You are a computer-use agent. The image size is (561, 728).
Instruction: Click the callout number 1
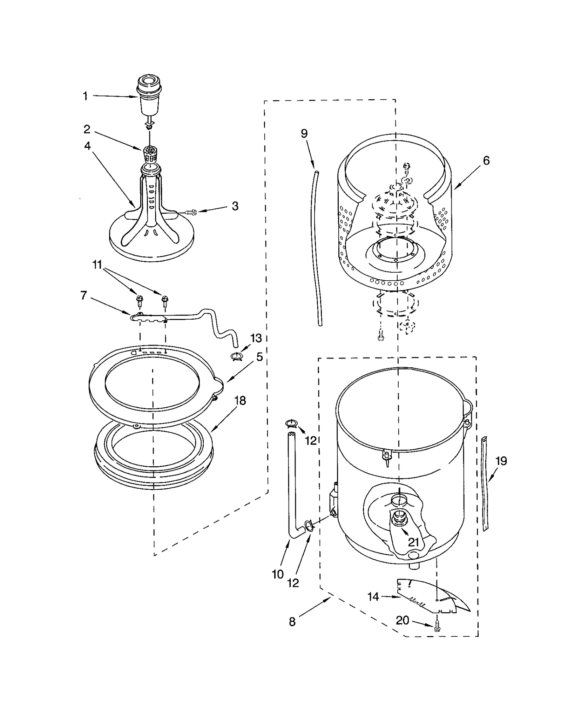(x=85, y=96)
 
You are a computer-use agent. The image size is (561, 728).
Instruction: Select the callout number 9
(x=304, y=133)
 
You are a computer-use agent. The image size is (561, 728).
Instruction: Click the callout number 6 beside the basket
(x=486, y=160)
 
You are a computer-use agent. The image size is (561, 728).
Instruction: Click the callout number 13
(x=256, y=338)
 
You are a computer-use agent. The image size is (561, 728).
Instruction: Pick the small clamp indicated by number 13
(x=237, y=357)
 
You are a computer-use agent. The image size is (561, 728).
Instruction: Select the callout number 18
(x=240, y=400)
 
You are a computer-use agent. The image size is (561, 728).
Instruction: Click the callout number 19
(x=501, y=461)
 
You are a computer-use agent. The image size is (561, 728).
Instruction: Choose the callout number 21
(x=414, y=542)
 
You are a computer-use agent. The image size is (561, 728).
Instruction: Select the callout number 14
(x=373, y=596)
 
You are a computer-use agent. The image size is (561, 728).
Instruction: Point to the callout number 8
(x=292, y=622)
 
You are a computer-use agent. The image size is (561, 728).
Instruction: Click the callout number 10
(x=278, y=574)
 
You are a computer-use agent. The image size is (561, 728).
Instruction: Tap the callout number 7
(x=83, y=295)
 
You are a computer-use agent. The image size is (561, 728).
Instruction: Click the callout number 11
(x=97, y=265)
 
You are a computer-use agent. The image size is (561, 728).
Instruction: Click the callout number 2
(x=87, y=129)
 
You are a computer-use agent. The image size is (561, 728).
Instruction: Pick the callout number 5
(x=259, y=357)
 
